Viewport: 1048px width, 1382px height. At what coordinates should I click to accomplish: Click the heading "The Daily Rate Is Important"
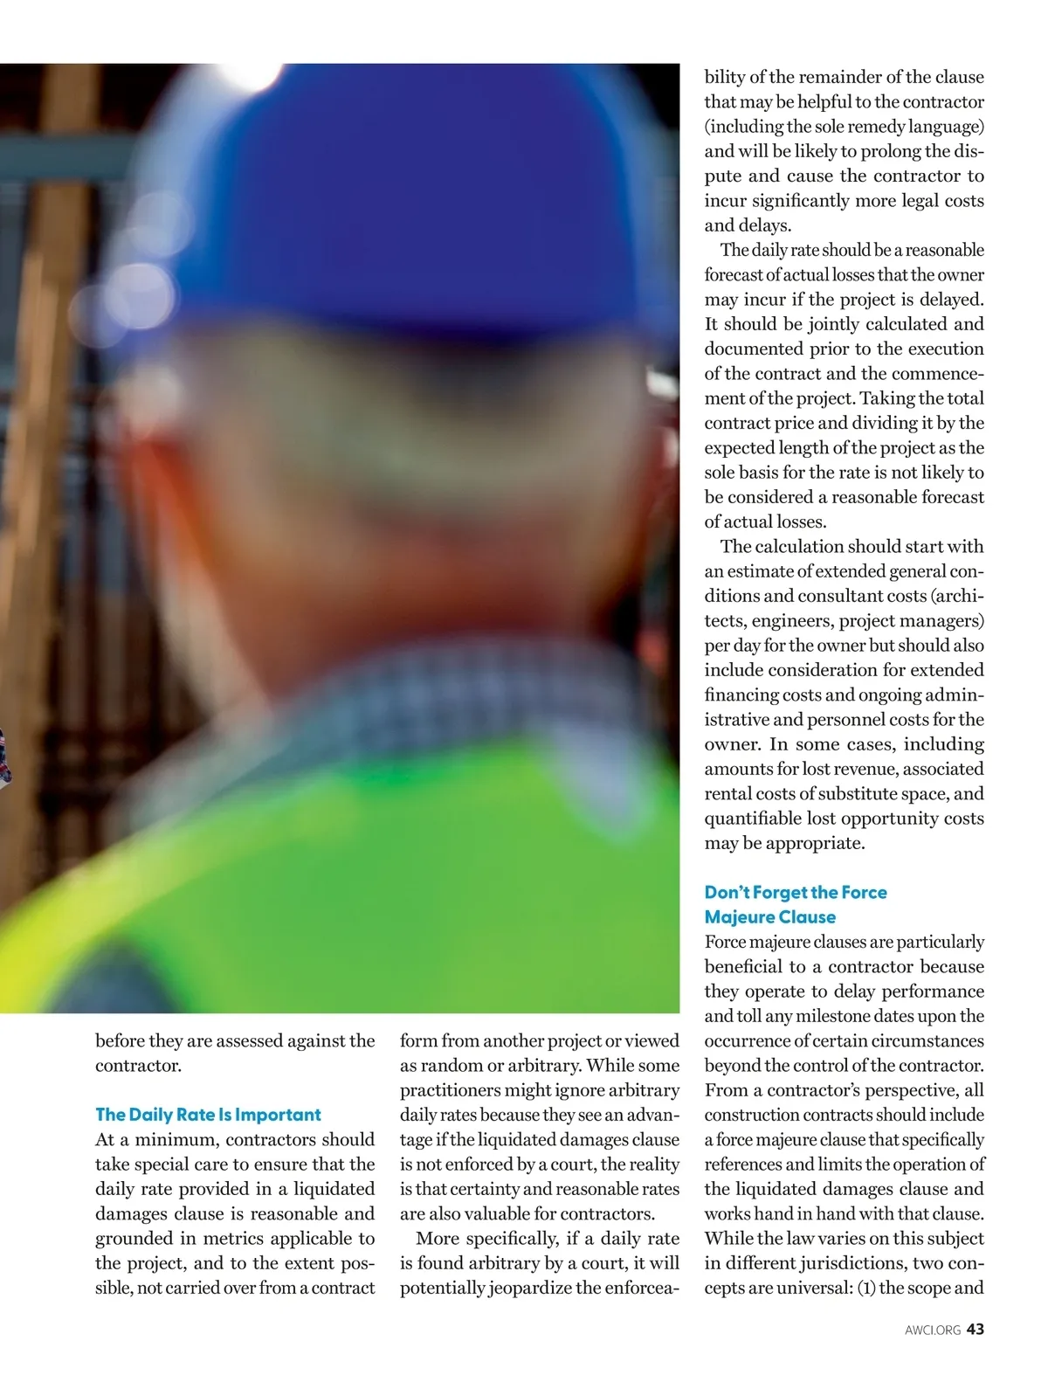pos(208,1115)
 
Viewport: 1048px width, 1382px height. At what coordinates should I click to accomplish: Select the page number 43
pos(976,1330)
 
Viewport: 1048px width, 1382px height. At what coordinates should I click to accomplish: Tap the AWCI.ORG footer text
pos(932,1330)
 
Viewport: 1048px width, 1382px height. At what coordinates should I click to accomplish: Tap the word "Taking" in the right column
pos(889,398)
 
